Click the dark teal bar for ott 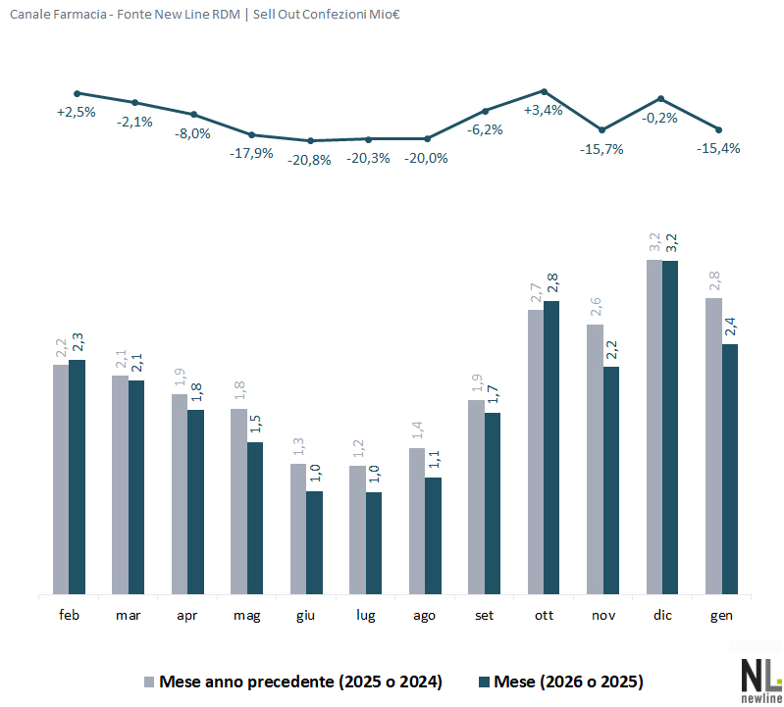(x=551, y=447)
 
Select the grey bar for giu (x=298, y=529)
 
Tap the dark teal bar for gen (x=730, y=469)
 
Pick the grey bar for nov (x=596, y=459)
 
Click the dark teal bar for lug (x=374, y=543)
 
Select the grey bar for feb (x=61, y=479)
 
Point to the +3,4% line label (x=543, y=110)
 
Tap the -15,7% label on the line (x=601, y=149)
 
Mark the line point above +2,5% (x=77, y=93)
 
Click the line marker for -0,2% (x=661, y=98)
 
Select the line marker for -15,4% (x=719, y=129)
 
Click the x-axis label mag (x=246, y=615)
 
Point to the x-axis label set (x=484, y=615)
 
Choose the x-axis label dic (x=661, y=615)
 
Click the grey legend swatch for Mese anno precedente (x=149, y=682)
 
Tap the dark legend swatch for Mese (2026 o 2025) (x=484, y=682)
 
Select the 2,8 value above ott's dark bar (x=553, y=282)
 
